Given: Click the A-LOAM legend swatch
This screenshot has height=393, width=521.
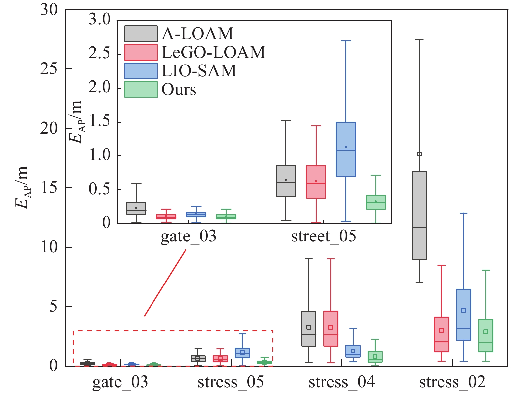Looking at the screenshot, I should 141,34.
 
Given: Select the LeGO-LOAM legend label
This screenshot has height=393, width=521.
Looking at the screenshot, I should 213,52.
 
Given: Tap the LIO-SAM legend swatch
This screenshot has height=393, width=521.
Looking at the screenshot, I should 141,71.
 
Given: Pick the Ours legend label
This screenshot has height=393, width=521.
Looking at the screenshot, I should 179,89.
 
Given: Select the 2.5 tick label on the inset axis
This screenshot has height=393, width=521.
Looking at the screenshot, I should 99,53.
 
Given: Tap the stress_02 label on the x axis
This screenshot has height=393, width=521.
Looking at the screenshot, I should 452,382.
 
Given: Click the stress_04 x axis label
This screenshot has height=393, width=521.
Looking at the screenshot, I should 342,382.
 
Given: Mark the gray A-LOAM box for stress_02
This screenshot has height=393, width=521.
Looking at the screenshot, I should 419,215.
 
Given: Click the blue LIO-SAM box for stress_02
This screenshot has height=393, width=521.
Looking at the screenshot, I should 463,314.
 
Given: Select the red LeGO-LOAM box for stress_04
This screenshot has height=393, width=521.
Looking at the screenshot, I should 331,328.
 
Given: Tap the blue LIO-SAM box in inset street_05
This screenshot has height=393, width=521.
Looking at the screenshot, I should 346,149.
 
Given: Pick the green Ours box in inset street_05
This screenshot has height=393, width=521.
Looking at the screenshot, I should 376,202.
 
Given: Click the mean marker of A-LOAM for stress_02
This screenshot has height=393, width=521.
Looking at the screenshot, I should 419,154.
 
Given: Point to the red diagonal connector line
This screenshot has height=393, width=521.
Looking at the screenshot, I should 165,283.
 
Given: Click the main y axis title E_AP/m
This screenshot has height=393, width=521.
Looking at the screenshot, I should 22,188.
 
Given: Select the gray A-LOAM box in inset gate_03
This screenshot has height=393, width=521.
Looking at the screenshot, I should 136,208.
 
